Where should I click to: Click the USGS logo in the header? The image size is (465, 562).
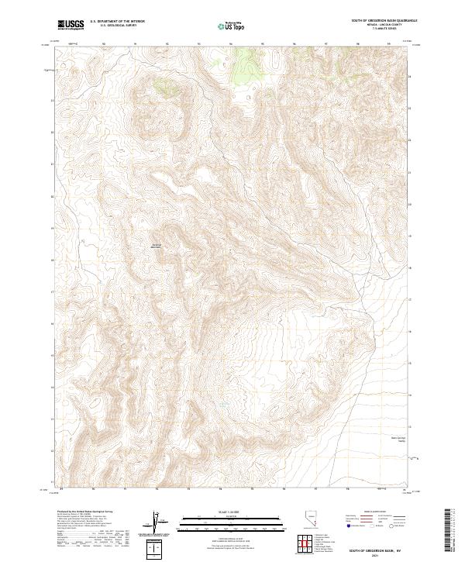point(71,26)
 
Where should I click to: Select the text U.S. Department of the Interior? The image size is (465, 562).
point(117,22)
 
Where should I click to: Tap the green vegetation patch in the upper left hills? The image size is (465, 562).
point(165,87)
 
